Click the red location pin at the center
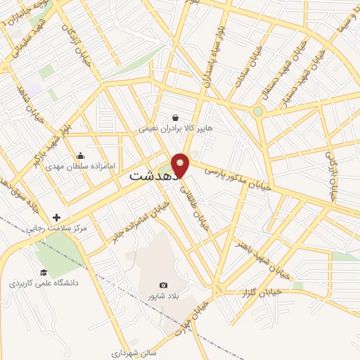pyautogui.click(x=181, y=164)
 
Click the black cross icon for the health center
pyautogui.click(x=57, y=217)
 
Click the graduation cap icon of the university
pyautogui.click(x=44, y=272)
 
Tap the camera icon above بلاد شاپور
pyautogui.click(x=163, y=285)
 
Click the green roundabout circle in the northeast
pyautogui.click(x=258, y=111)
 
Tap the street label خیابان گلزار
pyautogui.click(x=260, y=291)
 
